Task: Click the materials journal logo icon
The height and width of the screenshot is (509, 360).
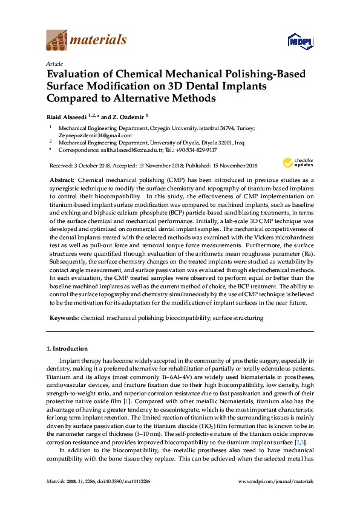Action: pos(57,41)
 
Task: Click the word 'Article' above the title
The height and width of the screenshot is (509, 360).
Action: pos(54,63)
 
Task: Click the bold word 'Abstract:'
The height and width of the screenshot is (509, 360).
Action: pos(62,181)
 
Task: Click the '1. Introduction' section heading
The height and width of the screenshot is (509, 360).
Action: pos(67,349)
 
